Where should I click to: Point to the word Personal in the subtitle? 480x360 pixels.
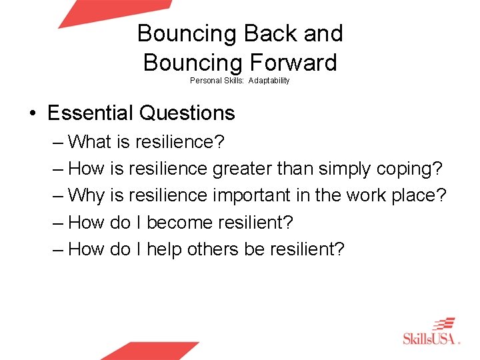tap(205, 81)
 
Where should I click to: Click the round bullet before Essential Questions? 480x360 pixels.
tap(33, 114)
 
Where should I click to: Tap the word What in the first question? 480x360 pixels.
tap(89, 142)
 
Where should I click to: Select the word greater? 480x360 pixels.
tap(241, 169)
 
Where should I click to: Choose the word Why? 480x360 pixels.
tap(87, 195)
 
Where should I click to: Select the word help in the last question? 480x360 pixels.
tap(165, 249)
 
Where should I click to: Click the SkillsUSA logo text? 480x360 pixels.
tap(431, 338)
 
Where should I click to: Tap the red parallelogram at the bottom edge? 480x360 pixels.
tap(151, 351)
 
